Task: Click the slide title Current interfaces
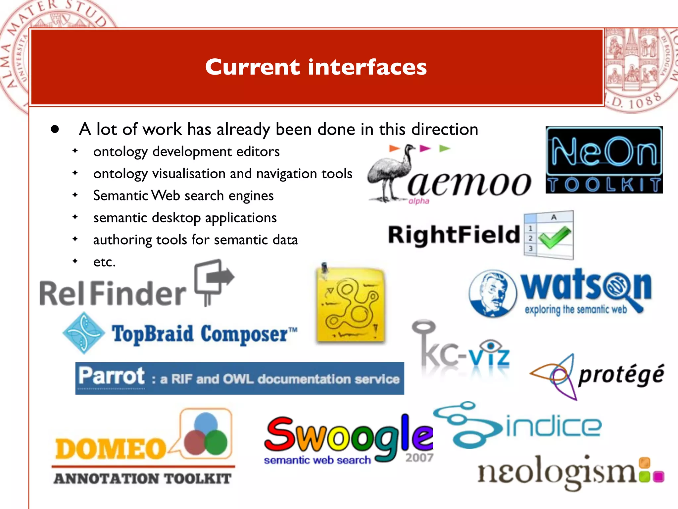pyautogui.click(x=316, y=67)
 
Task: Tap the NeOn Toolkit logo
pyautogui.click(x=604, y=160)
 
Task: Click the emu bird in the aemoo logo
pyautogui.click(x=391, y=174)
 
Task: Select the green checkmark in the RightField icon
pyautogui.click(x=554, y=237)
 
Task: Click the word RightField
pyautogui.click(x=454, y=235)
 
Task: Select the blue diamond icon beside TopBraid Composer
pyautogui.click(x=84, y=333)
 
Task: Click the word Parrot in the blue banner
pyautogui.click(x=112, y=376)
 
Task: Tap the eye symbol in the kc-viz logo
pyautogui.click(x=491, y=347)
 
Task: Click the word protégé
pyautogui.click(x=621, y=374)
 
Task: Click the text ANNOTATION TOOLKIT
pyautogui.click(x=142, y=479)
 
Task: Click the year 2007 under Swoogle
pyautogui.click(x=419, y=458)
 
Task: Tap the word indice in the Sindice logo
pyautogui.click(x=553, y=426)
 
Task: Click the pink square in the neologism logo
pyautogui.click(x=658, y=477)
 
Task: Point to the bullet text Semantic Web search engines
pyautogui.click(x=183, y=196)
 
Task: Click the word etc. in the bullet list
pyautogui.click(x=104, y=262)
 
